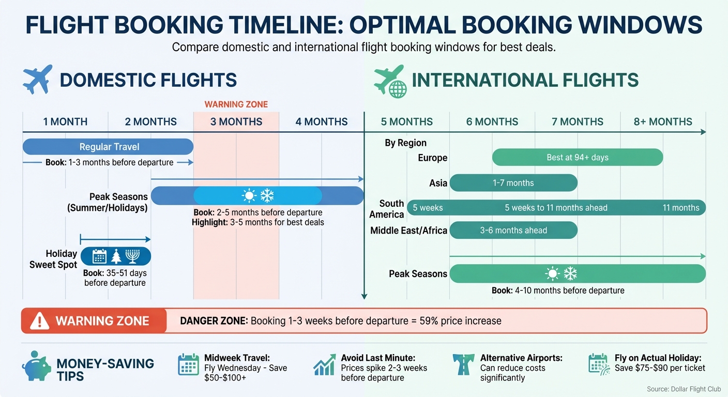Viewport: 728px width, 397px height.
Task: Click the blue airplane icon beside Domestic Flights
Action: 38,79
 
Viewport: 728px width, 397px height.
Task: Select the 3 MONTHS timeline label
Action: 236,122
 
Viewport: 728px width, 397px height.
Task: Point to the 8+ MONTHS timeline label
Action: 663,122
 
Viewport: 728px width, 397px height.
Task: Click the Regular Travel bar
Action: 108,147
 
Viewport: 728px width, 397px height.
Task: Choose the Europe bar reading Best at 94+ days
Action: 577,157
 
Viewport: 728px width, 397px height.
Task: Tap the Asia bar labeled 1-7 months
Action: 513,182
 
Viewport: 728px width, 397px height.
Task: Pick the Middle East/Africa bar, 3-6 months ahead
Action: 513,231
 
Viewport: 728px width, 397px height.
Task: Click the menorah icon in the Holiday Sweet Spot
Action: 133,256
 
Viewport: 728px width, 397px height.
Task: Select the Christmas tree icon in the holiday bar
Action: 116,256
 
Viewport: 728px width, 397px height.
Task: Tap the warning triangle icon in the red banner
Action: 39,321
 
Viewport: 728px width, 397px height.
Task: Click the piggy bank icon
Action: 36,368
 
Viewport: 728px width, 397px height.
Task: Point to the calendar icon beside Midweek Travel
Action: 188,364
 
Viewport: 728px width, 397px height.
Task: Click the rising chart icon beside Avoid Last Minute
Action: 324,365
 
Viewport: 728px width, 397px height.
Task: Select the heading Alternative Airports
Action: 521,358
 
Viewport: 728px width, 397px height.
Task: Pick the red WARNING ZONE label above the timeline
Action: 236,104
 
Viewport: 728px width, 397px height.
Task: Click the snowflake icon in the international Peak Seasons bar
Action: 570,273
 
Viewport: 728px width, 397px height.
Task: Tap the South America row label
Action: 391,209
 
